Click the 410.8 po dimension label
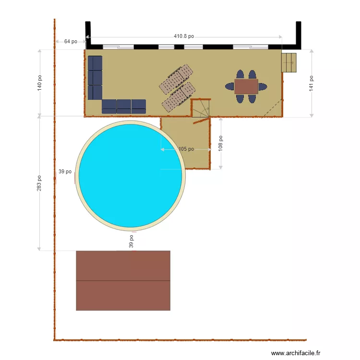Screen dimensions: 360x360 click(x=184, y=36)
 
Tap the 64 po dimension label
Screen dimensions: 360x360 click(x=71, y=42)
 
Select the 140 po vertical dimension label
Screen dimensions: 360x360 click(x=40, y=83)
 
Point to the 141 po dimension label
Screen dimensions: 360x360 click(x=312, y=83)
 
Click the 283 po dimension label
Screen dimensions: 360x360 click(x=39, y=183)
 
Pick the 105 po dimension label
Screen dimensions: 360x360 click(x=186, y=149)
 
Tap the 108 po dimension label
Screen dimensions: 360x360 click(x=221, y=144)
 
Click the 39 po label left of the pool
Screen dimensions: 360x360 click(x=65, y=171)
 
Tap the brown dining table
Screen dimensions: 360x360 click(x=246, y=86)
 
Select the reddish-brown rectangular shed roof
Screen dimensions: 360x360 click(x=123, y=280)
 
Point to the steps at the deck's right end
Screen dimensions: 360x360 click(x=289, y=62)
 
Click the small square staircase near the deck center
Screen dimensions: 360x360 click(x=201, y=108)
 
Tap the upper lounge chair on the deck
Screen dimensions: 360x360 click(x=176, y=79)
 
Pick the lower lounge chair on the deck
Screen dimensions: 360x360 click(x=179, y=96)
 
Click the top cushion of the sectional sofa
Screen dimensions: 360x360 click(x=95, y=63)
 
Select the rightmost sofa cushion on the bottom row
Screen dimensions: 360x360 click(x=139, y=107)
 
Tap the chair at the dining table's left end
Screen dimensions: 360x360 click(x=230, y=87)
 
